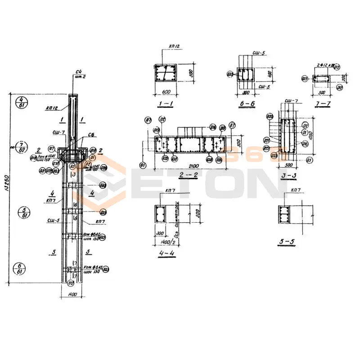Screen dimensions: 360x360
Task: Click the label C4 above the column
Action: [x=78, y=72]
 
